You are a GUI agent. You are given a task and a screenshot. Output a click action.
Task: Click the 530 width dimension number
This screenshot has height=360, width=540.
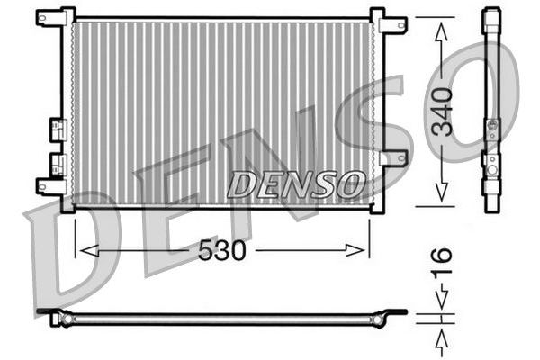point(222,251)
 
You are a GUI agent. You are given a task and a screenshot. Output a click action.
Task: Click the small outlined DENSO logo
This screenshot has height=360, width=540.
point(294,184)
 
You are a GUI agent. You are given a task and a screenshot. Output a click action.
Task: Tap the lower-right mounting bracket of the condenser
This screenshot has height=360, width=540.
point(391,158)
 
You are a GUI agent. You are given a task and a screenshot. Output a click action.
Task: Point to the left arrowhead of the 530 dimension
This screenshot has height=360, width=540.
point(82,250)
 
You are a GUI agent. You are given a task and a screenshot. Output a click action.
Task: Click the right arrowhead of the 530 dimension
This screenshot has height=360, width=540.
point(363,250)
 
